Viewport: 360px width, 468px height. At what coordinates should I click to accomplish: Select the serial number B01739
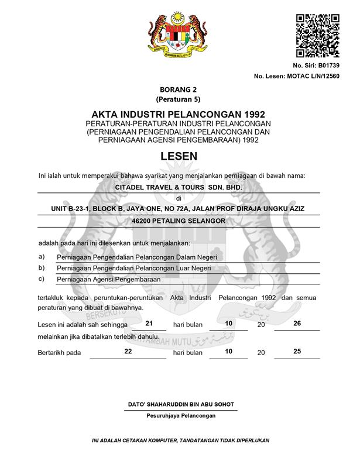click(327, 65)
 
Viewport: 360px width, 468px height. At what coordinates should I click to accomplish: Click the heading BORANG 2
click(179, 90)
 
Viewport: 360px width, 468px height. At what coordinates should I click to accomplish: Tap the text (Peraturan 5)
click(179, 99)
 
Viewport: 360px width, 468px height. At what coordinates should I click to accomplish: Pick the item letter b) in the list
click(42, 267)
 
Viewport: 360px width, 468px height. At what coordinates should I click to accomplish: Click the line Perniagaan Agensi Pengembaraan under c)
click(108, 279)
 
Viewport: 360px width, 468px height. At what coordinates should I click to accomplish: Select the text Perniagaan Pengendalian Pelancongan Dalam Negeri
click(137, 256)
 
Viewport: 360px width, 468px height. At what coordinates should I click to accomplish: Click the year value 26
click(297, 323)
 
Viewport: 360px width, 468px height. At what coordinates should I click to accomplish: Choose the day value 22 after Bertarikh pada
click(129, 351)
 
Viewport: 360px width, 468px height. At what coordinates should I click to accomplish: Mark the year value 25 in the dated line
click(297, 351)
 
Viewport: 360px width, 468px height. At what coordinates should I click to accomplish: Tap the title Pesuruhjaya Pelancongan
click(180, 415)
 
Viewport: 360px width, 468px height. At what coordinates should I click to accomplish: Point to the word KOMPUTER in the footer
click(157, 440)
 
